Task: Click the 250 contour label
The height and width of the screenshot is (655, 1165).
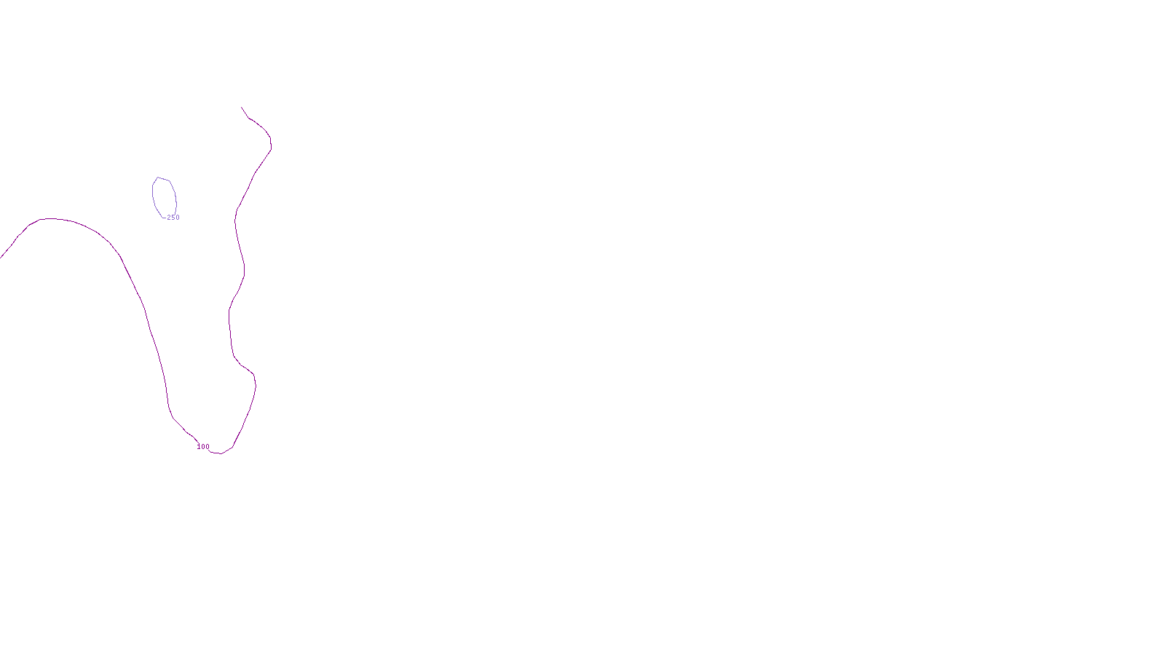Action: [173, 218]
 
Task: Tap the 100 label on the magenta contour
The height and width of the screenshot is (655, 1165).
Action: [203, 447]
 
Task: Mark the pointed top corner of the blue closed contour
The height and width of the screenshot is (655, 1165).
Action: [157, 178]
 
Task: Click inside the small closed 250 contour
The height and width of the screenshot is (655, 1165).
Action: [165, 196]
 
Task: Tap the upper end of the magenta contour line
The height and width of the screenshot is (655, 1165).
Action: [242, 108]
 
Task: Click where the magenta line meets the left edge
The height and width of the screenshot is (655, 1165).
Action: [1, 258]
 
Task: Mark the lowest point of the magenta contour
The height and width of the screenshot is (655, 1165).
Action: [218, 453]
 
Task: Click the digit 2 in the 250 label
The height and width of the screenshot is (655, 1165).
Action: [169, 218]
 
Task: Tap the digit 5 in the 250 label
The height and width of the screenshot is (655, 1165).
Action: [173, 218]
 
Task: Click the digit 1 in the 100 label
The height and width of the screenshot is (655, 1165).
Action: [199, 447]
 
